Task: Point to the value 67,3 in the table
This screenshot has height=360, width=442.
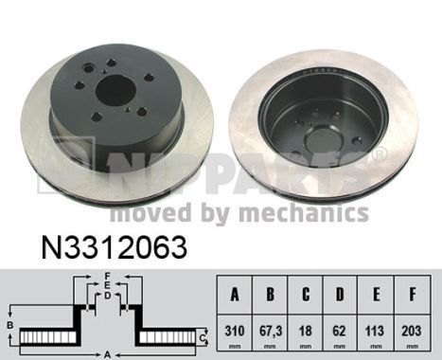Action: pyautogui.click(x=270, y=332)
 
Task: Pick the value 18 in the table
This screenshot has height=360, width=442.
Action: pyautogui.click(x=307, y=332)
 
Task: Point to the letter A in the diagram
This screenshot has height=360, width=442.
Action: pyautogui.click(x=109, y=354)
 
